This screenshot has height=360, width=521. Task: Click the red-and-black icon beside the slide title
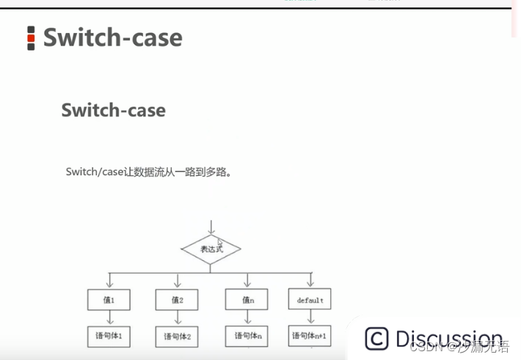pyautogui.click(x=31, y=38)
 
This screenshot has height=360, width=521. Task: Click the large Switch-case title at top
pyautogui.click(x=112, y=37)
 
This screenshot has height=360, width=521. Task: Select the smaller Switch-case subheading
pyautogui.click(x=113, y=111)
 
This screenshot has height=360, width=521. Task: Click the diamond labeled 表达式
pyautogui.click(x=211, y=249)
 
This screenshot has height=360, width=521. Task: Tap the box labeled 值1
pyautogui.click(x=109, y=299)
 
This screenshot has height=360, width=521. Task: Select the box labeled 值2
pyautogui.click(x=177, y=299)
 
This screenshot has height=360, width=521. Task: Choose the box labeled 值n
pyautogui.click(x=247, y=299)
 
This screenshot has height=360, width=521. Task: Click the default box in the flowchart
pyautogui.click(x=310, y=299)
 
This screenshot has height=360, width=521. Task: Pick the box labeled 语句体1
pyautogui.click(x=109, y=336)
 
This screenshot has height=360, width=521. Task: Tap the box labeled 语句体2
pyautogui.click(x=177, y=337)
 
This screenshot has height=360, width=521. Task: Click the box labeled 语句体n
pyautogui.click(x=247, y=336)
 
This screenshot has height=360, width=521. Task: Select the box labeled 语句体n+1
pyautogui.click(x=310, y=336)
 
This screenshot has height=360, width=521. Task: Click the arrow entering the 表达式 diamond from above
pyautogui.click(x=211, y=227)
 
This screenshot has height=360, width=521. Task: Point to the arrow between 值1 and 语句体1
pyautogui.click(x=109, y=317)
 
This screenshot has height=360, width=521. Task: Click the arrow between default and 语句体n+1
pyautogui.click(x=310, y=317)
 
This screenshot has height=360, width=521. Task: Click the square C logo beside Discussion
pyautogui.click(x=376, y=339)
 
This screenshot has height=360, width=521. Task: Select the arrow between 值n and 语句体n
pyautogui.click(x=247, y=317)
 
